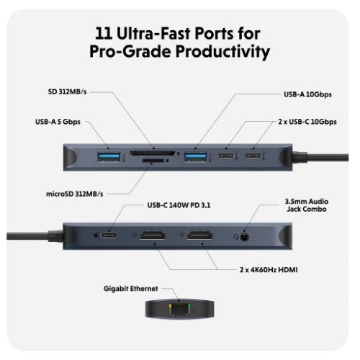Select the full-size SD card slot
coord(155,153)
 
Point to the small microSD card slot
coord(156,163)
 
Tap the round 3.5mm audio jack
coord(247,235)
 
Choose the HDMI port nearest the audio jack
coord(202,235)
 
